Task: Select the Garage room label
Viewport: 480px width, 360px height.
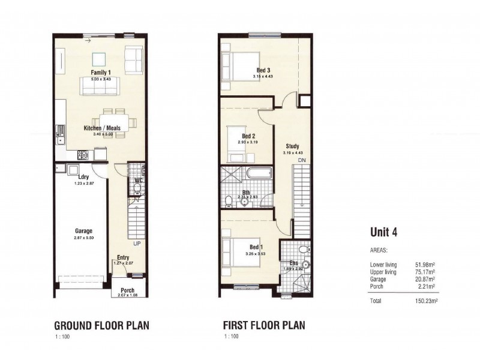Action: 83,230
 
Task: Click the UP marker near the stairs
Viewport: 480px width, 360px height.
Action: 137,244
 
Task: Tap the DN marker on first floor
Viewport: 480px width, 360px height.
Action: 301,161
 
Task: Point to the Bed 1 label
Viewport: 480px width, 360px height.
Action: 255,247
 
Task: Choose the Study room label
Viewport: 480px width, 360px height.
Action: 292,146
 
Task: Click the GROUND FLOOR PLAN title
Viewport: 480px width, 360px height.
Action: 102,326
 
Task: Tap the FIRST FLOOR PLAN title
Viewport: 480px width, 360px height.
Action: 264,326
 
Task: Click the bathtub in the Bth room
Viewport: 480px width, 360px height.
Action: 259,175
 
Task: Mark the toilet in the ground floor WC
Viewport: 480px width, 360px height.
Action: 137,189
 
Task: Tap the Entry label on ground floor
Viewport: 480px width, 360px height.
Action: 123,256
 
